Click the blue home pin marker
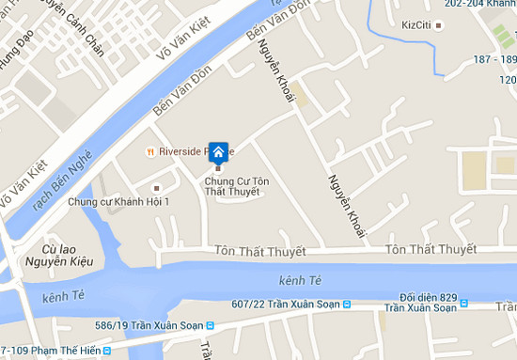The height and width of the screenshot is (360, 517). click(218, 153)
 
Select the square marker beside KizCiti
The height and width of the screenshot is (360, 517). click(440, 24)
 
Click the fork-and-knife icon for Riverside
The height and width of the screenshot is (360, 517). click(149, 151)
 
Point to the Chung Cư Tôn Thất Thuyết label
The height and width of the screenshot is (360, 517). click(232, 186)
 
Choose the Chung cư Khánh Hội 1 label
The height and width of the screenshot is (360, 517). click(118, 202)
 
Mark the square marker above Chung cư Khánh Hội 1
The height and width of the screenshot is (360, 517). click(155, 188)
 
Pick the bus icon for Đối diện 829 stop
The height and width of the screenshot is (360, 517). click(464, 305)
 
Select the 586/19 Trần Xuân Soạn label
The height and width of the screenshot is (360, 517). click(149, 326)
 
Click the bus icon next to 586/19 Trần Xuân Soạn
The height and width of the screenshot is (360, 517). click(211, 326)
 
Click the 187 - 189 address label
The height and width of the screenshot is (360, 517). click(493, 60)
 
